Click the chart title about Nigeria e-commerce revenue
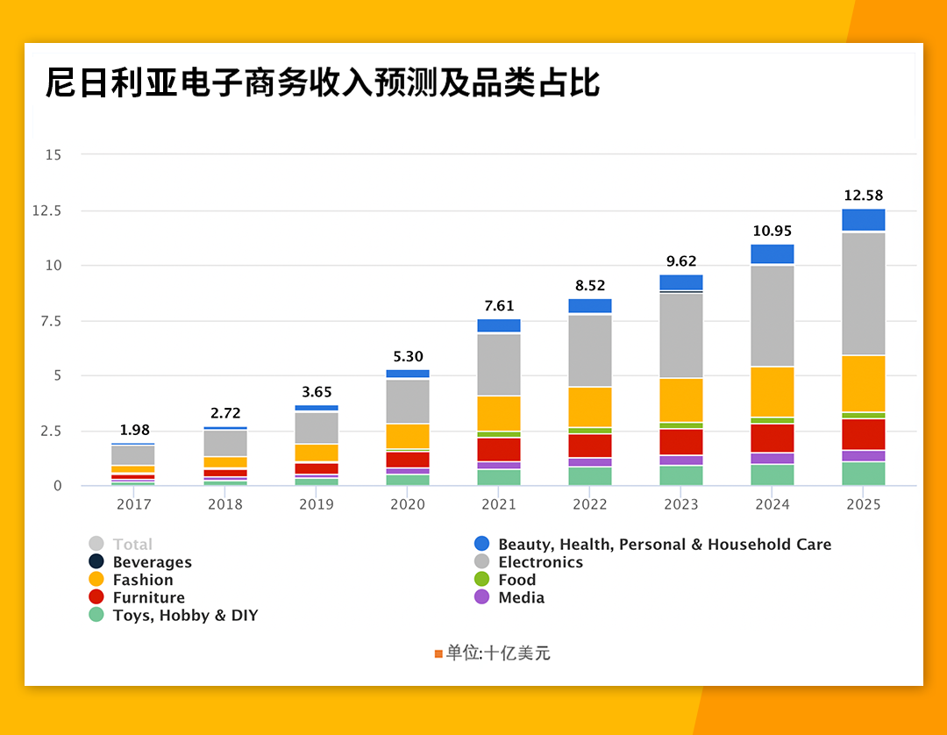[x=323, y=84]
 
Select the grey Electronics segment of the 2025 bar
[x=864, y=294]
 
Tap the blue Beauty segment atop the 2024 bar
[x=773, y=253]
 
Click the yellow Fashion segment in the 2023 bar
[x=681, y=400]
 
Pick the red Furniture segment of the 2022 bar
[x=590, y=446]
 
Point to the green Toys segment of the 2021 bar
[x=499, y=477]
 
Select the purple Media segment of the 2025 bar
[x=864, y=455]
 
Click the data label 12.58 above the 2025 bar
[x=864, y=195]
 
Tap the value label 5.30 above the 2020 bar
[x=408, y=357]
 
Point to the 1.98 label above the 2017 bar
[x=134, y=430]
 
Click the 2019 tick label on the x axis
[x=317, y=504]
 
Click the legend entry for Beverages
[x=152, y=562]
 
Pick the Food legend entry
[x=516, y=580]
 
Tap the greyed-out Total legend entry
[x=132, y=545]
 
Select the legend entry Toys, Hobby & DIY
[x=185, y=616]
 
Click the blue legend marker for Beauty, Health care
[x=481, y=544]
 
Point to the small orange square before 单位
[x=438, y=653]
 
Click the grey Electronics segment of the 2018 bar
[x=225, y=443]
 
